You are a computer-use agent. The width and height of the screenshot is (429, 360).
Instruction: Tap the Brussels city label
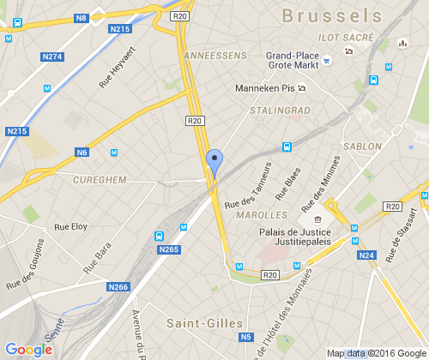pos(331,15)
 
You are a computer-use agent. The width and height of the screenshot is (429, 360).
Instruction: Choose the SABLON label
pos(362,147)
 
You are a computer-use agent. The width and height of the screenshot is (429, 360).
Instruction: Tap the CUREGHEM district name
pos(101,180)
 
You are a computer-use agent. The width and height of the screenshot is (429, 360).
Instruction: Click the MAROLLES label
pos(267,214)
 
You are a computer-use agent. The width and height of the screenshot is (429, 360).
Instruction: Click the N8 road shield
pos(82,17)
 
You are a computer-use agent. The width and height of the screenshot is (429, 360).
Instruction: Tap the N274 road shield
pos(52,57)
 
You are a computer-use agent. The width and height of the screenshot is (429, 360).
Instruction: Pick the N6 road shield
pos(82,153)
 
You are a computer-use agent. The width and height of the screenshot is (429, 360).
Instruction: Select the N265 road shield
pos(169,249)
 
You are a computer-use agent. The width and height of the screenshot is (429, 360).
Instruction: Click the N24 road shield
pos(367,255)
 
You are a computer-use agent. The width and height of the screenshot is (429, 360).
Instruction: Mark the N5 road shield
pos(246,338)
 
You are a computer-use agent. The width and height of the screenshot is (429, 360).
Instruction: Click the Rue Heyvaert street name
pos(119,65)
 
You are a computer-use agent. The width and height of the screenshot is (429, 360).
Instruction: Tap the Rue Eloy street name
pos(70,226)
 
